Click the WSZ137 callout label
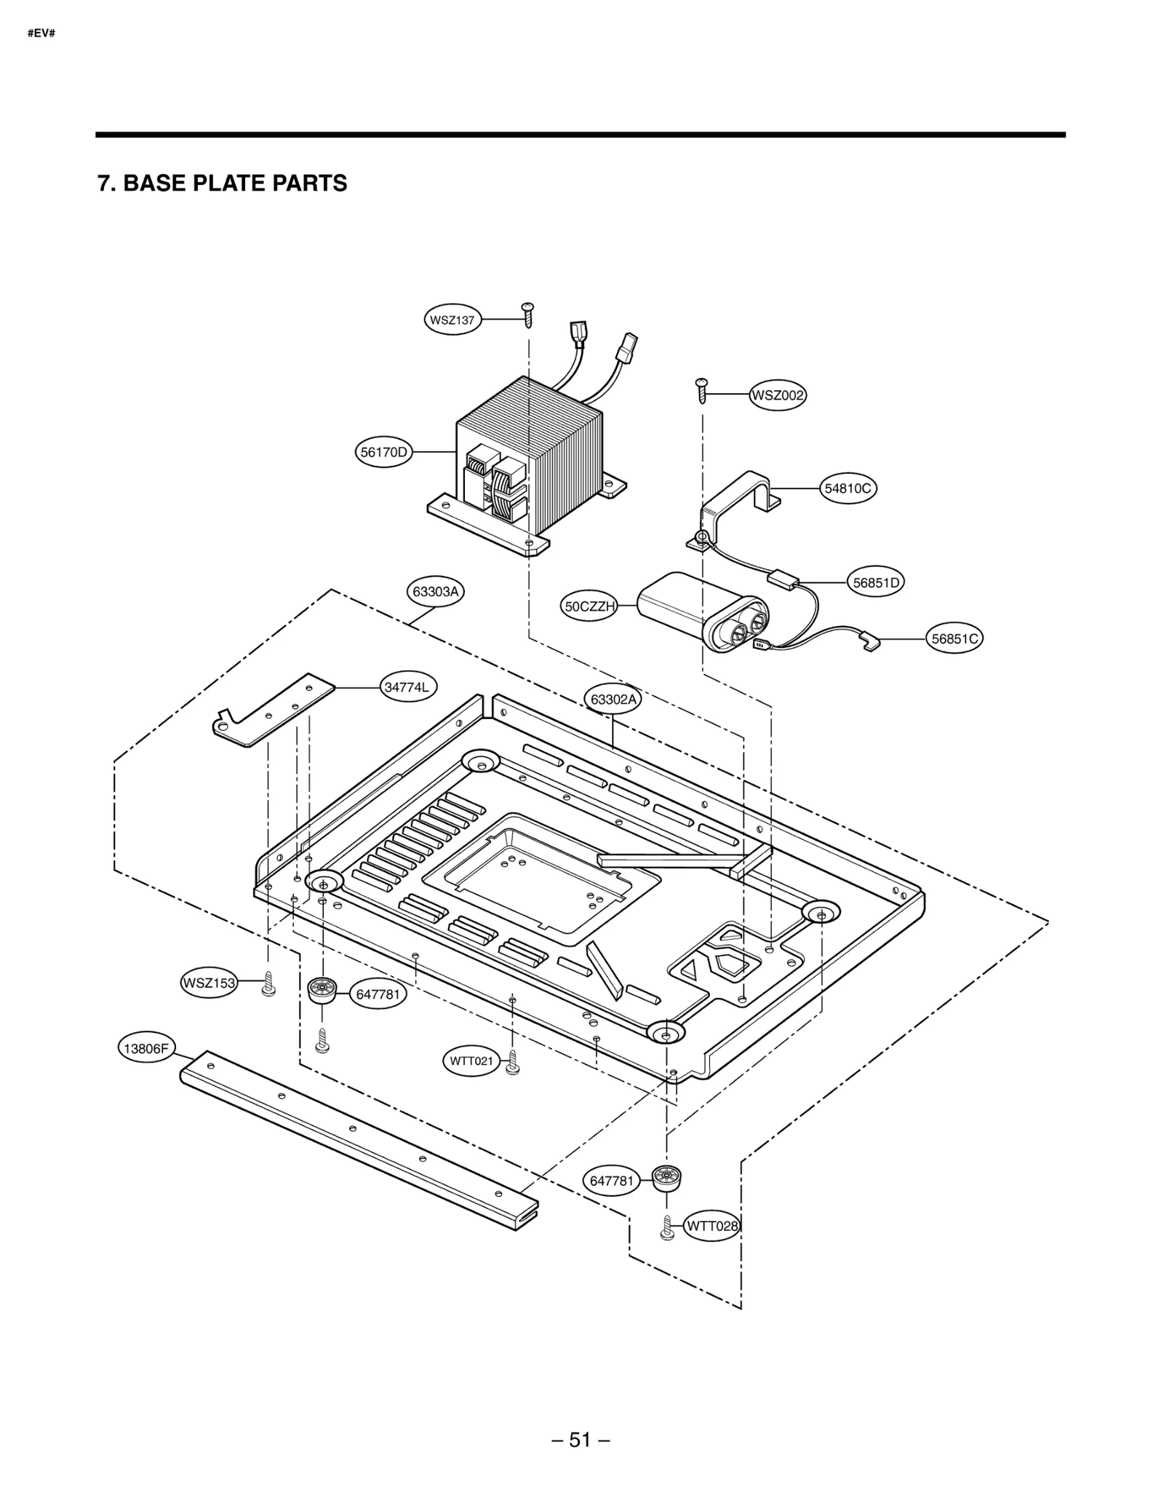point(453,320)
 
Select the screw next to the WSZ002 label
point(702,390)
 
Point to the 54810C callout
point(848,488)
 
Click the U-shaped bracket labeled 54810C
point(735,502)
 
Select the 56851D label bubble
point(877,582)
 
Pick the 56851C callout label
point(956,638)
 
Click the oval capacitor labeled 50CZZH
point(698,610)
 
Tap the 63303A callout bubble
point(435,591)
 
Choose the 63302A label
point(613,700)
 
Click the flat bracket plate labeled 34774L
point(273,709)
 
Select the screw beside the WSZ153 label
point(268,983)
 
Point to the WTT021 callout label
point(471,1061)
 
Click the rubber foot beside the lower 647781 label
point(666,1178)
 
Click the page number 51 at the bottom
point(580,1439)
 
